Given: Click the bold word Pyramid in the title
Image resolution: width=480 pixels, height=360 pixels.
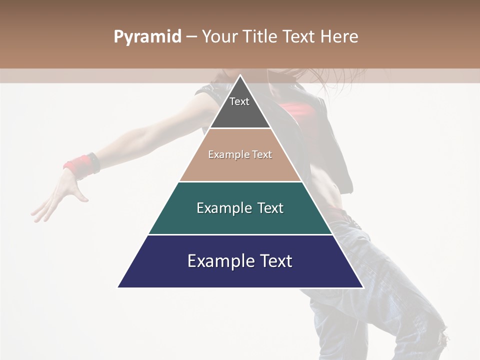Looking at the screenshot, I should coord(147,37).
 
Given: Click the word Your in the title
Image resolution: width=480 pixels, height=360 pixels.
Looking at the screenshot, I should coord(218,37).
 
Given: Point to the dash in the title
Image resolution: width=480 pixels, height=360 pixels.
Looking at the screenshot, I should coord(191,37).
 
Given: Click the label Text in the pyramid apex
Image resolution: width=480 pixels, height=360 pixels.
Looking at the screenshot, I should coord(239,101).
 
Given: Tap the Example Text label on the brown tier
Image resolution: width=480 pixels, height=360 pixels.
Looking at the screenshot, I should coord(240,154).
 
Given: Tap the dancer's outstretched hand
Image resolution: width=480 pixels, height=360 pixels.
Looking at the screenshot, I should coord(60,195).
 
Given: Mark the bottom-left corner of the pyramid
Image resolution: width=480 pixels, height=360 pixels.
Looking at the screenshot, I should coord(118,287).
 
